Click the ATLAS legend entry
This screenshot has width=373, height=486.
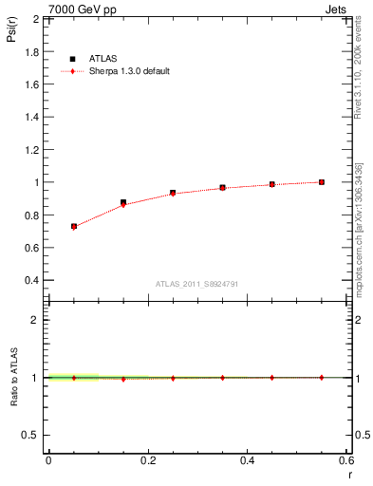pyautogui.click(x=101, y=58)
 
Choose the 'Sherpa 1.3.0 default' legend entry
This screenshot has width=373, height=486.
pyautogui.click(x=127, y=71)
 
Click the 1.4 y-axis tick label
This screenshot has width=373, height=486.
pyautogui.click(x=33, y=117)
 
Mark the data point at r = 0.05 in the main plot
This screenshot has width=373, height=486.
pyautogui.click(x=73, y=227)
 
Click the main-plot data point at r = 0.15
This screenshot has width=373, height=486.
pyautogui.click(x=123, y=203)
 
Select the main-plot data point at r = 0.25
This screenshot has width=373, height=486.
pyautogui.click(x=173, y=193)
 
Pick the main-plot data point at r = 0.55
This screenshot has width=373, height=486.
pyautogui.click(x=322, y=182)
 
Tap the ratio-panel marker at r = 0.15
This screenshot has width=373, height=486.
pyautogui.click(x=123, y=379)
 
